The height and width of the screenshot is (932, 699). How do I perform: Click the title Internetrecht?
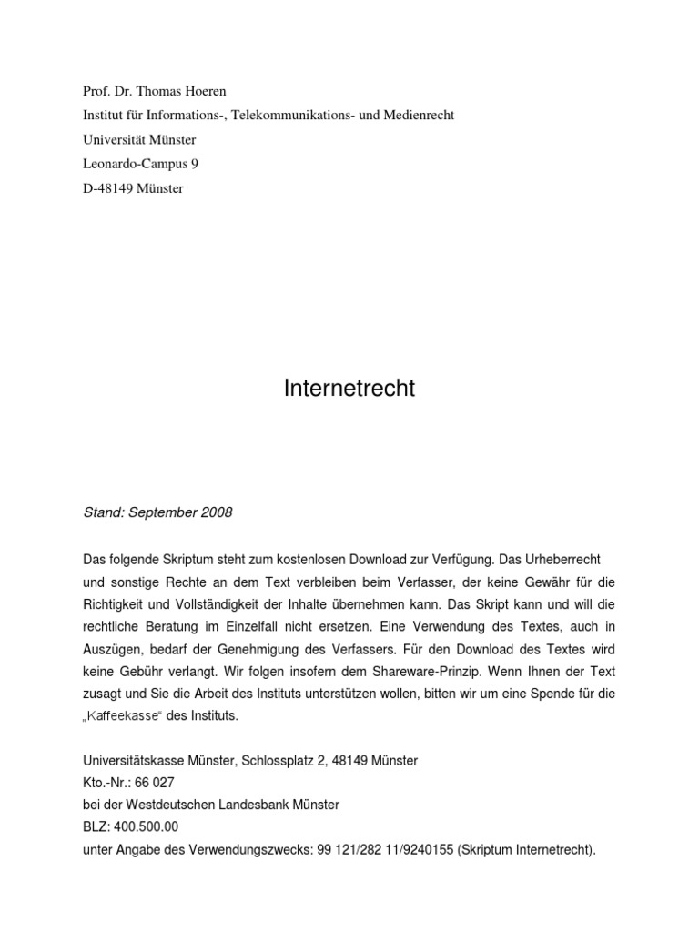click(x=349, y=389)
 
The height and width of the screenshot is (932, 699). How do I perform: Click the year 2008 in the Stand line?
click(x=215, y=512)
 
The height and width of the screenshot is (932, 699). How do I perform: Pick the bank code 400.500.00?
click(x=147, y=827)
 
